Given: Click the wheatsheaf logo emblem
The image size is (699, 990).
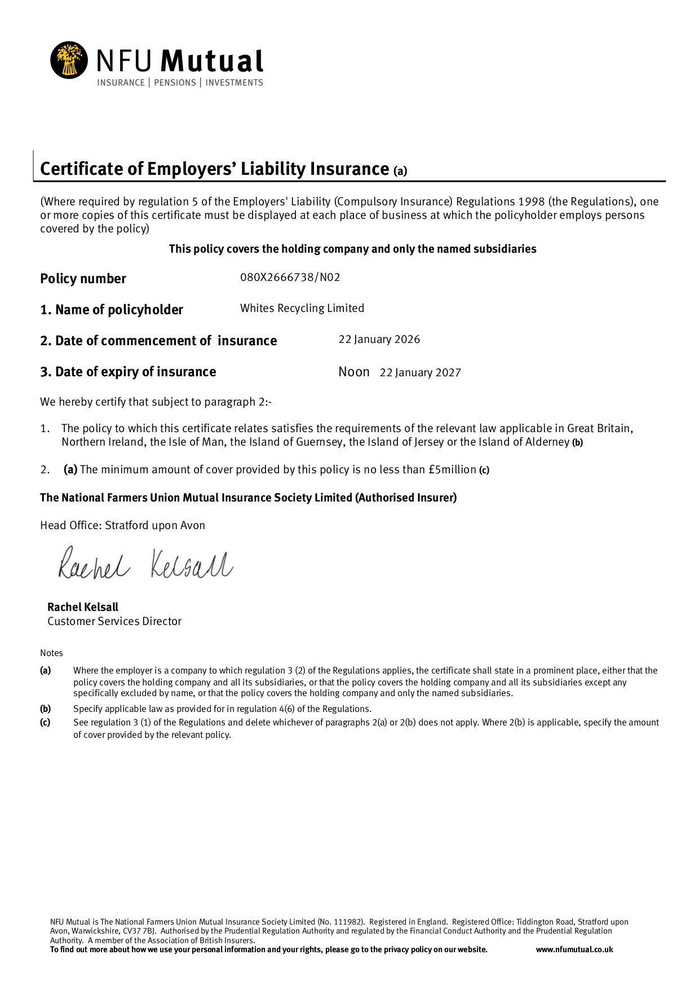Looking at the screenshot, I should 69,60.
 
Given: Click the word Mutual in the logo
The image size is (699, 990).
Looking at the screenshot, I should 212,61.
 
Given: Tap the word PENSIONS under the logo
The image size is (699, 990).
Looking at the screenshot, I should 175,83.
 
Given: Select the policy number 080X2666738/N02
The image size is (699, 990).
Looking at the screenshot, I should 290,277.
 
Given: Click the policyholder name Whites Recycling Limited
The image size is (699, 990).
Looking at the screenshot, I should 302,308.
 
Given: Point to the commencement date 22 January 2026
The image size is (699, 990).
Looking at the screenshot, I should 379,339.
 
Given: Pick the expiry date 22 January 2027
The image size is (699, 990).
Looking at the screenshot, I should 420,372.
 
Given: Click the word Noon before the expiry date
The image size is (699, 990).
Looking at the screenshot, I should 354,372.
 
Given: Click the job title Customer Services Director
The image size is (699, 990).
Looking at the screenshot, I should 114,621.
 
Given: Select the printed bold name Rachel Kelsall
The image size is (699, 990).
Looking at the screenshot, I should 83,607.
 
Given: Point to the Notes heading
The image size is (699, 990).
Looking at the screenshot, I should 51,653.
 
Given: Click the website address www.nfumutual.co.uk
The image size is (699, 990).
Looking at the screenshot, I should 574,949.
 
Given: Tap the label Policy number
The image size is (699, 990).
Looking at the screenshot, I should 83,279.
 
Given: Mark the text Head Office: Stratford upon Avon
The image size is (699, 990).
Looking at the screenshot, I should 122,525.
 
